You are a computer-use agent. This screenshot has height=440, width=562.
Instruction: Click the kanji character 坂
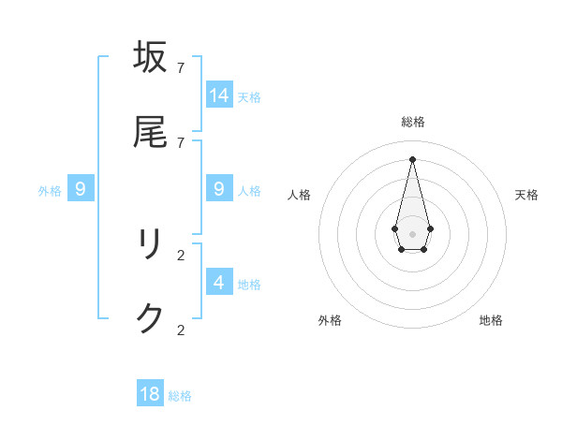150,57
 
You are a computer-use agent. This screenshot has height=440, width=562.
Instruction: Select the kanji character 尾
150,133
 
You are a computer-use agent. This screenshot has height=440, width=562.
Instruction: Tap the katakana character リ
150,245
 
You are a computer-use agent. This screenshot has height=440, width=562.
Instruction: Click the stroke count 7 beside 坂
181,67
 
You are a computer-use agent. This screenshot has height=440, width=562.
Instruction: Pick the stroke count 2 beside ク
181,330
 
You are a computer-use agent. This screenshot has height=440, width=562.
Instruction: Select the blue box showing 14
219,95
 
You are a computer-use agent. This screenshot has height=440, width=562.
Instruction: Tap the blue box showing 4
219,282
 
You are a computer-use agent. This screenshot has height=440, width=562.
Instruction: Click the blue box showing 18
150,394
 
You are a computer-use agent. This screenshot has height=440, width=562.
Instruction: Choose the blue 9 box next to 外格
81,189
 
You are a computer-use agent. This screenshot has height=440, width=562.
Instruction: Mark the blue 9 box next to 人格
219,189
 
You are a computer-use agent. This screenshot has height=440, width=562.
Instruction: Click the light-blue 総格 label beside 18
180,396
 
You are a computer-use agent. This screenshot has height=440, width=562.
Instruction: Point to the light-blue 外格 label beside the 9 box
50,191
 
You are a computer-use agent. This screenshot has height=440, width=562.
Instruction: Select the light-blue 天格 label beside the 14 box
249,96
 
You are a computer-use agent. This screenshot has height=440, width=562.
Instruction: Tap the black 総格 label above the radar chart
413,122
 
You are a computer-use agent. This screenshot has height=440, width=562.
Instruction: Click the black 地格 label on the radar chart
491,320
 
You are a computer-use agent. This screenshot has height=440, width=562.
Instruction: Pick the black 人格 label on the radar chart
300,195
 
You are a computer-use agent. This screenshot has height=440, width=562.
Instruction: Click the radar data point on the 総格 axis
412,158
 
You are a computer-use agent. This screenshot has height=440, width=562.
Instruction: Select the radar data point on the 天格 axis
430,228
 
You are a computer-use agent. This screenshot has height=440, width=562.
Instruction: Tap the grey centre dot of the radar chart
412,233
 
